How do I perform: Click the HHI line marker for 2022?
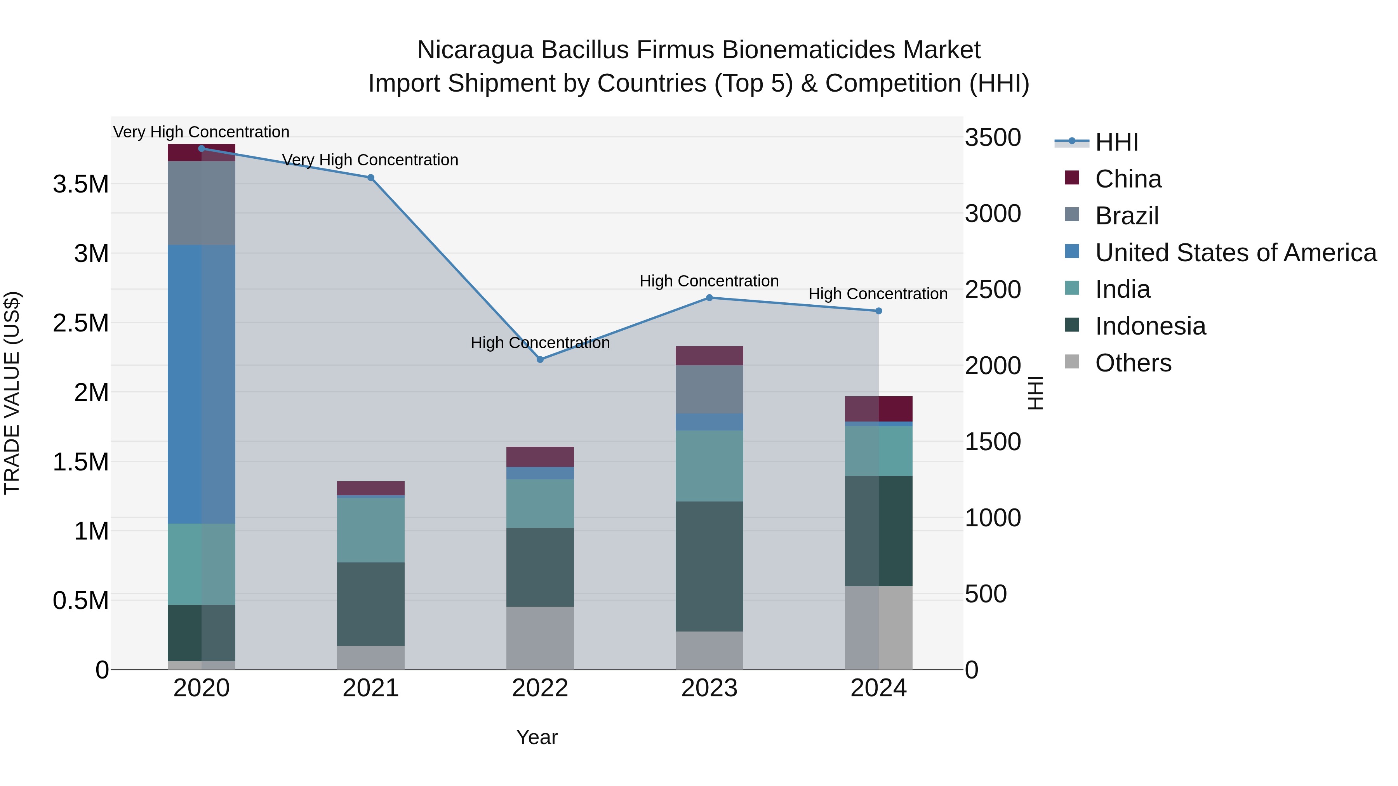540,360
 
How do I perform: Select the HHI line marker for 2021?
371,177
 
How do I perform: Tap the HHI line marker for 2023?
709,298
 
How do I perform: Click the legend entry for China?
1128,179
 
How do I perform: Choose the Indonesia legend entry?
1150,326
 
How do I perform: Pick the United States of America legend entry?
1235,253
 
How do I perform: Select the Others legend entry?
1133,363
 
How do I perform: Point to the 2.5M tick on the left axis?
80,323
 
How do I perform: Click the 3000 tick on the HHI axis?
993,214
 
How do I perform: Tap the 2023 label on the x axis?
709,688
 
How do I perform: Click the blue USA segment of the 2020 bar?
201,384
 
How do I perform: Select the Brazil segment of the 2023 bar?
709,389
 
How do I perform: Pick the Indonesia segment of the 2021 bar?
371,604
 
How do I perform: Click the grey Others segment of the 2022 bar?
540,637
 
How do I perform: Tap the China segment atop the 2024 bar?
879,409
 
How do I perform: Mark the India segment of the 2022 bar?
540,503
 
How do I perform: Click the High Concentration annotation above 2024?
878,294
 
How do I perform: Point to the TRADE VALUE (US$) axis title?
12,393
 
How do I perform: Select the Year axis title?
537,737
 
